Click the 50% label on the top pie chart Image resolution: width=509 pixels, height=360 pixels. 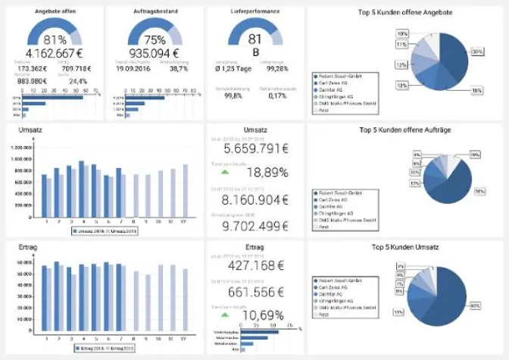tap(477, 52)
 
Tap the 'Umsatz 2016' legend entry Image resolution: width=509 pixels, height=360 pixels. tap(88, 229)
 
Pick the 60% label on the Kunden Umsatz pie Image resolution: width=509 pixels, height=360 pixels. tap(476, 305)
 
